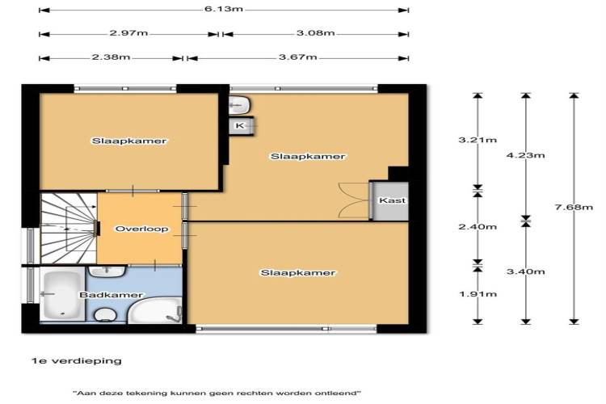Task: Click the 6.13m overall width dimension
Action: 224,9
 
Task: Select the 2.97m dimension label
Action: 128,33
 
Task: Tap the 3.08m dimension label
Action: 315,33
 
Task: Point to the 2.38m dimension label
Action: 111,57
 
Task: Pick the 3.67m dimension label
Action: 298,57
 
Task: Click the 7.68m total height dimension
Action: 574,207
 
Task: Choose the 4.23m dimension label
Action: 526,155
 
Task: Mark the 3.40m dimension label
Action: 526,271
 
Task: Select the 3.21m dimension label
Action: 478,140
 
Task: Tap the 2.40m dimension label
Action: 478,226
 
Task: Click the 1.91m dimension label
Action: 478,294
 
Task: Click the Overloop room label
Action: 142,229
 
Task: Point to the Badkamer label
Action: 111,295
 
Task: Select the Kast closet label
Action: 392,200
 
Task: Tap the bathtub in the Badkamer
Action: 62,296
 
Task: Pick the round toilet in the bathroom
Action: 105,315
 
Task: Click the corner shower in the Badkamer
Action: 154,310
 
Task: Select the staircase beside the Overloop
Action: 69,229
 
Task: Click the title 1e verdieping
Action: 77,361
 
